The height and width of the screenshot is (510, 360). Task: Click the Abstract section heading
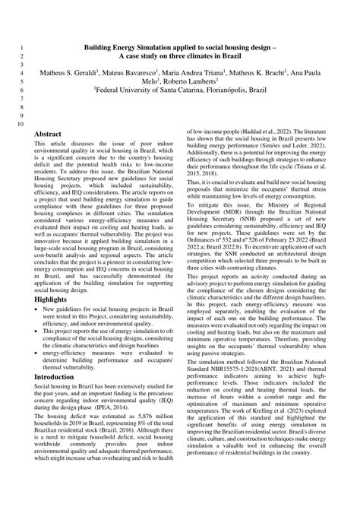(x=49, y=134)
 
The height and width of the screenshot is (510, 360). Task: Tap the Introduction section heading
(x=55, y=376)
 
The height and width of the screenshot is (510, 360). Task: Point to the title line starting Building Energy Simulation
(x=180, y=46)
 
